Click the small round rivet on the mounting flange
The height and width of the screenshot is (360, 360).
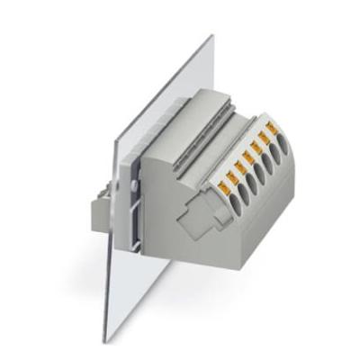point(136,184)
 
